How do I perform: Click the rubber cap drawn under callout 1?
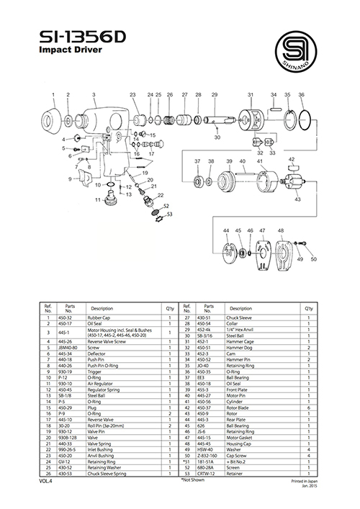[53, 117]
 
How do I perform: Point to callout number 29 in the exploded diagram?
[215, 95]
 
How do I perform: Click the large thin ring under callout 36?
[304, 118]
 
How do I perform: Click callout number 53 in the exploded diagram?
[169, 214]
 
